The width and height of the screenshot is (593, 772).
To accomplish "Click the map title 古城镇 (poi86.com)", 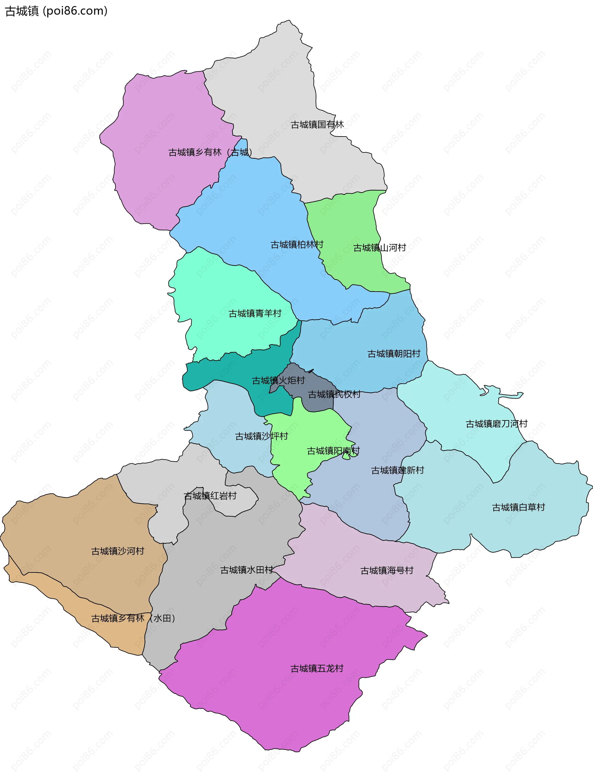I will (x=56, y=11).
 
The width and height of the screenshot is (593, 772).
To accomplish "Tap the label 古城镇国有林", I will (x=317, y=124).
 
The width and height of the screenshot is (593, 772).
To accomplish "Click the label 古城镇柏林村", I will (x=297, y=245).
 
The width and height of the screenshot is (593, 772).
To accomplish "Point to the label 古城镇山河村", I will (x=380, y=248).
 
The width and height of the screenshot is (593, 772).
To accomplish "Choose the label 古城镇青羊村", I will (x=255, y=314).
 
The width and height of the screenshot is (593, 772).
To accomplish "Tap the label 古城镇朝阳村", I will (x=393, y=354).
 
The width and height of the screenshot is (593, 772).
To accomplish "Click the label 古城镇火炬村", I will (x=278, y=381).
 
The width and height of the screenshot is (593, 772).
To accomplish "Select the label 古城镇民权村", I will (x=334, y=394).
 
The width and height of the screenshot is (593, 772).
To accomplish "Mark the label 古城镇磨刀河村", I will (x=496, y=424).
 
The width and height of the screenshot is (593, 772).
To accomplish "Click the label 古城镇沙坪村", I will (x=262, y=436).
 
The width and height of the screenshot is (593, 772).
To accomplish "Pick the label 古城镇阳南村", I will (x=333, y=451).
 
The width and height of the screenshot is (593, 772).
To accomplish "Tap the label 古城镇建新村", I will (x=397, y=470).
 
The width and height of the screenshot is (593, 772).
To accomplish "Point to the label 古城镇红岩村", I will (x=210, y=496).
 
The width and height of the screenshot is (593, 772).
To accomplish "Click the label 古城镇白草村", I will (x=518, y=507).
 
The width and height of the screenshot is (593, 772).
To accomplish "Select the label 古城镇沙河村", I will (x=118, y=551).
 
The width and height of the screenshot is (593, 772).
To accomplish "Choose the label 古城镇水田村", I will (x=246, y=570).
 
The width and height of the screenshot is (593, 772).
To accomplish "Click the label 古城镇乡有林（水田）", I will (x=133, y=618).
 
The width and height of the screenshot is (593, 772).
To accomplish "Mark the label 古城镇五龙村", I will (x=317, y=669).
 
